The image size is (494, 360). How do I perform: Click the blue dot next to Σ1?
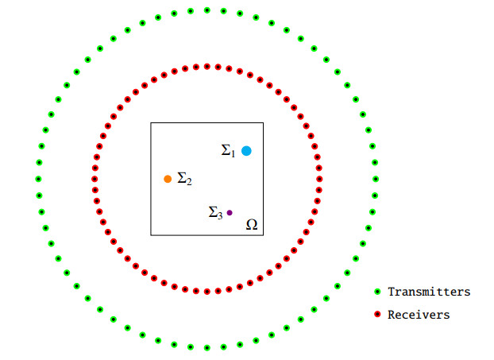[x=246, y=151]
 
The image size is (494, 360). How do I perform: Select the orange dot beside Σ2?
[x=168, y=179]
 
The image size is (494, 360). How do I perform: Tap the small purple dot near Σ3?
[x=230, y=212]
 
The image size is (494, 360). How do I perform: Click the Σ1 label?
[x=228, y=149]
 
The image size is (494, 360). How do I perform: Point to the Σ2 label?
[x=184, y=179]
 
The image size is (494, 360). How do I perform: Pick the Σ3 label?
[x=215, y=212]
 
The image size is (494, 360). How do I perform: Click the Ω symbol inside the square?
[x=252, y=225]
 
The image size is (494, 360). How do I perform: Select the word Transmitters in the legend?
[x=429, y=292]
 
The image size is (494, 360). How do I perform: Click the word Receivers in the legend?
[x=419, y=315]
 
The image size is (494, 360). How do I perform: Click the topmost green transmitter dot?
[x=206, y=10]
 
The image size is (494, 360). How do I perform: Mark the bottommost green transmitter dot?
[x=206, y=347]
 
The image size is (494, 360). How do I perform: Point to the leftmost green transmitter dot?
[x=38, y=179]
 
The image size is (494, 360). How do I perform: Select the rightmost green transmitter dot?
[x=376, y=179]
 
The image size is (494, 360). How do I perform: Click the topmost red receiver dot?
[x=207, y=66]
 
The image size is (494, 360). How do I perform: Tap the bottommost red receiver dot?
[x=207, y=292]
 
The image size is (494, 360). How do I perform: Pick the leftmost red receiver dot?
[x=95, y=179]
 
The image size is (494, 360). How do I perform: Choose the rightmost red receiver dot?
[x=320, y=179]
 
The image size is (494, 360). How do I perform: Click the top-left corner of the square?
[x=151, y=123]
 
